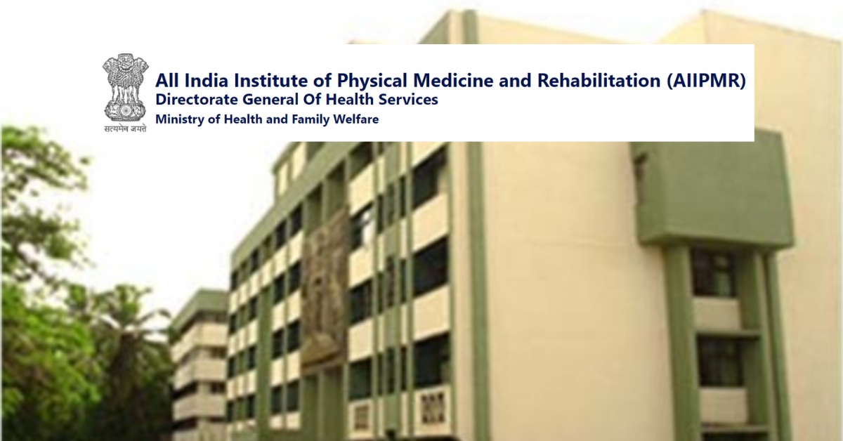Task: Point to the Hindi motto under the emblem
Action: [125, 129]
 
